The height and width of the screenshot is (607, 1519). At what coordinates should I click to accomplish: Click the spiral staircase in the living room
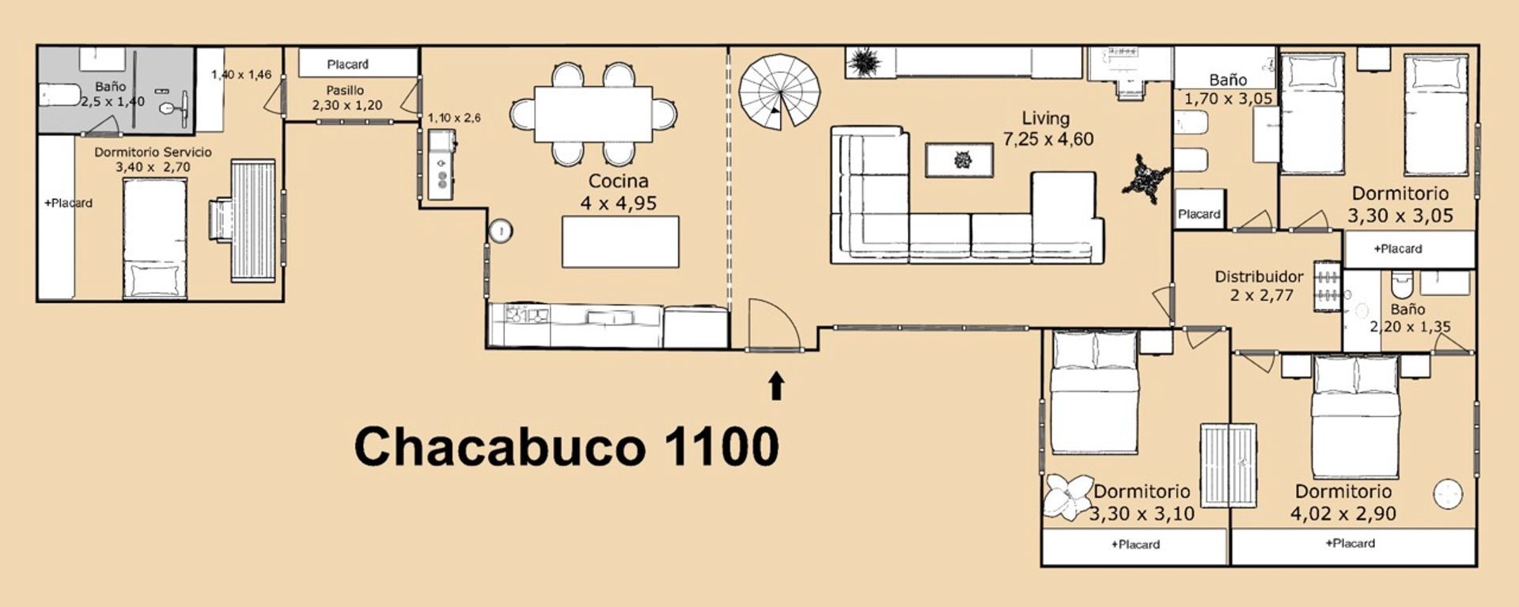tap(779, 92)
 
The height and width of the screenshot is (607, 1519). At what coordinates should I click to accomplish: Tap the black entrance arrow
tap(777, 386)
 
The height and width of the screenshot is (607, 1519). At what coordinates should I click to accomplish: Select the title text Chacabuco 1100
tap(566, 446)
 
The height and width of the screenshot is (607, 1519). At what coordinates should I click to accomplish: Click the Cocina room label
tap(618, 181)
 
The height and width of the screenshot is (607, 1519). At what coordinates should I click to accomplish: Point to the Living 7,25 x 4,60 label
tap(1047, 129)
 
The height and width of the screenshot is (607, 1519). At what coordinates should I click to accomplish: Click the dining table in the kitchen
tap(593, 114)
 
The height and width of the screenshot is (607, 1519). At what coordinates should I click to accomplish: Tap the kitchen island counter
tap(620, 241)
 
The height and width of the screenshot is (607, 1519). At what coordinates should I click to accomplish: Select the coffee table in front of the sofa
tap(960, 160)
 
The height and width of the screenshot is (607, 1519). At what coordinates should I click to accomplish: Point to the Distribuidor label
tap(1259, 277)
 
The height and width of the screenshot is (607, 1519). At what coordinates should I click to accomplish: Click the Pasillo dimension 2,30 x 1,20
tap(347, 105)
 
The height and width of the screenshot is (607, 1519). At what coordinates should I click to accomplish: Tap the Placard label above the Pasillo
tap(347, 64)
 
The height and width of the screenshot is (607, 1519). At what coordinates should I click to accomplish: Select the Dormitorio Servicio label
tap(153, 152)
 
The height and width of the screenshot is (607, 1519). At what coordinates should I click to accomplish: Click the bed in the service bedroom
tap(154, 238)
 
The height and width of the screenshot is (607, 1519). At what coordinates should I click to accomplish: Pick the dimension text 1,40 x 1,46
tap(241, 74)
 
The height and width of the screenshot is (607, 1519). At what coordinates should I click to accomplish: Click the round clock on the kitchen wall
tap(500, 231)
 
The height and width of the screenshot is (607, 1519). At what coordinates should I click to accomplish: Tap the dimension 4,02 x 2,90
tap(1343, 514)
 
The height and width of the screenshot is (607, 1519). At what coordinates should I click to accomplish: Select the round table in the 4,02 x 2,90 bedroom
tap(1447, 495)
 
